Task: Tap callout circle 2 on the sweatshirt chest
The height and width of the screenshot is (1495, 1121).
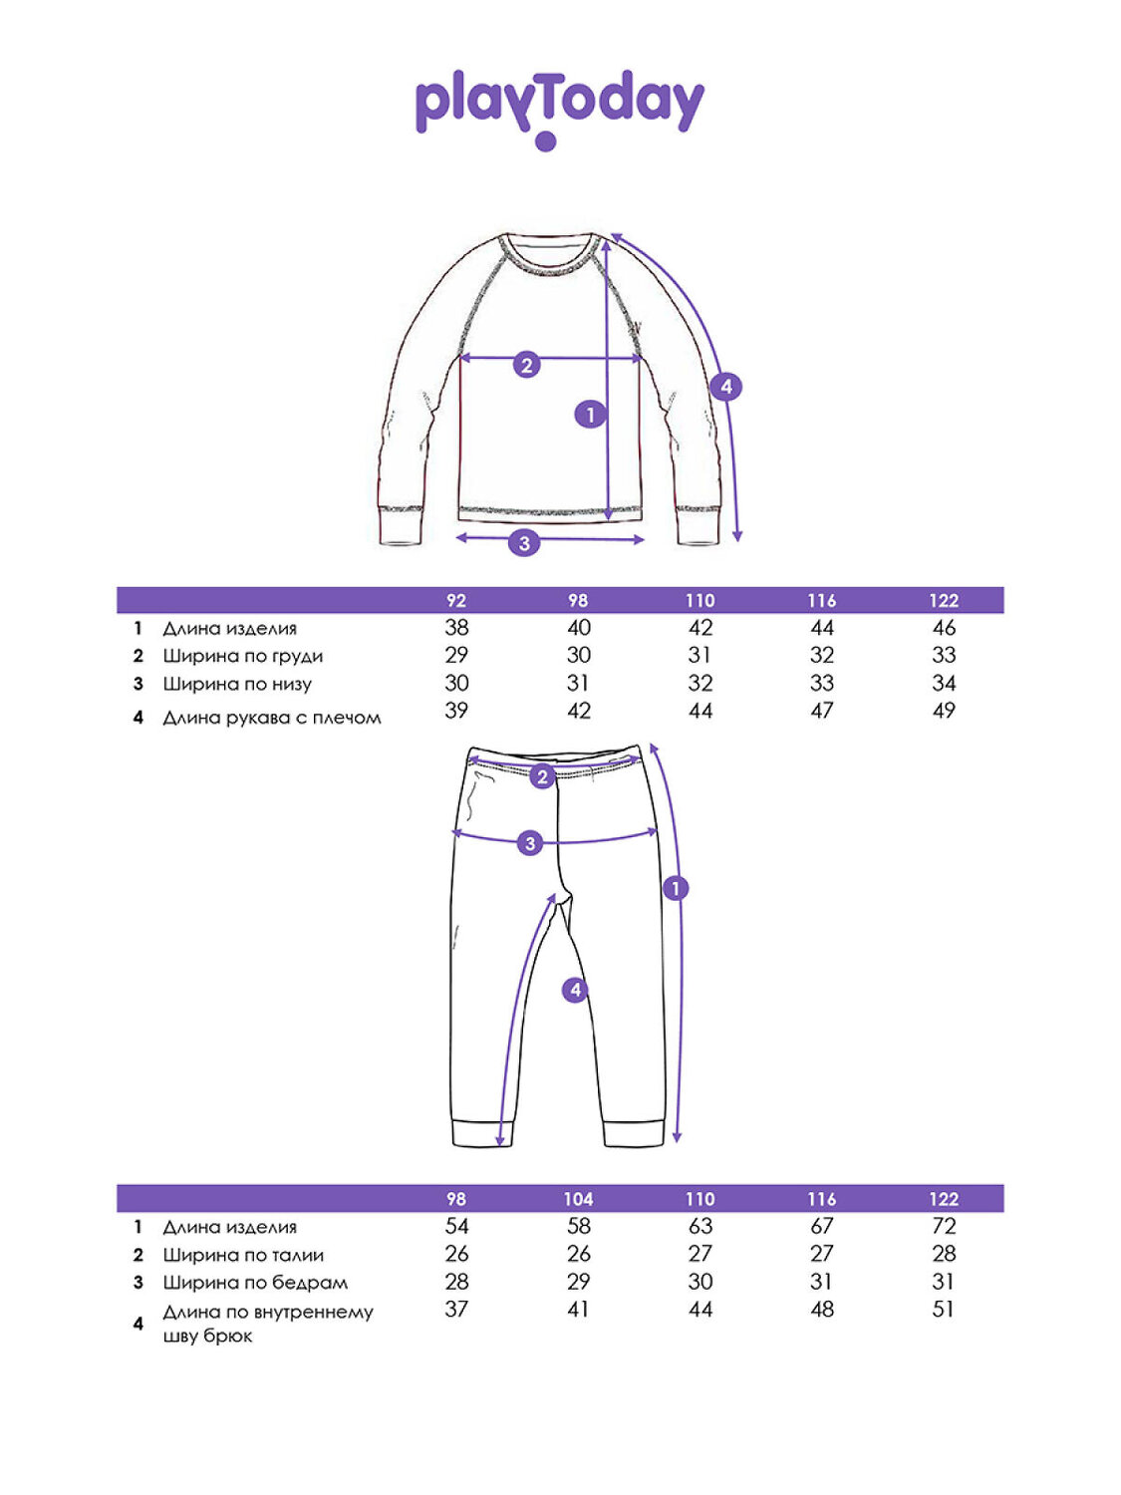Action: pyautogui.click(x=527, y=365)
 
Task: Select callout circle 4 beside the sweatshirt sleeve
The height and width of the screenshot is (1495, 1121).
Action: pyautogui.click(x=725, y=387)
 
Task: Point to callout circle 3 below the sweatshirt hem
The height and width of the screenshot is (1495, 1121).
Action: pyautogui.click(x=524, y=543)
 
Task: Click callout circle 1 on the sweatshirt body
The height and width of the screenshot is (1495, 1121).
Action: pyautogui.click(x=590, y=414)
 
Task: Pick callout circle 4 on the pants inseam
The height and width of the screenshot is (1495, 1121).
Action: pyautogui.click(x=575, y=990)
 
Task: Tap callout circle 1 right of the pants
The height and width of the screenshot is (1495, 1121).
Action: pyautogui.click(x=676, y=888)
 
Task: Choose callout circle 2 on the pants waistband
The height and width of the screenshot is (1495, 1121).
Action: pyautogui.click(x=542, y=776)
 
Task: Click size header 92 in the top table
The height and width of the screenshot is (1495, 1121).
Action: pyautogui.click(x=456, y=601)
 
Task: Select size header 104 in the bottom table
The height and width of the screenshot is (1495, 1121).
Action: pyautogui.click(x=578, y=1199)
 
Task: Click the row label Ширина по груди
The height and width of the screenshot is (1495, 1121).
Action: pyautogui.click(x=243, y=656)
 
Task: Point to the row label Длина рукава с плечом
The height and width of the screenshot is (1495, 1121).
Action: pyautogui.click(x=272, y=718)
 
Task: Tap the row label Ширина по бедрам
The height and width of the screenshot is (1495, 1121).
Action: pyautogui.click(x=255, y=1283)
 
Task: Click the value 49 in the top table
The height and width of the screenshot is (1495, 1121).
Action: pyautogui.click(x=944, y=711)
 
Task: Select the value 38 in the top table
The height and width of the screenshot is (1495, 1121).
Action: pyautogui.click(x=456, y=628)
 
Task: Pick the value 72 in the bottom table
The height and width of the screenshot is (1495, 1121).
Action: pyautogui.click(x=944, y=1226)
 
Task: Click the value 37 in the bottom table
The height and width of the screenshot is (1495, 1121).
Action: pyautogui.click(x=456, y=1310)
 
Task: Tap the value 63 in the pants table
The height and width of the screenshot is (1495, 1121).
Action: pyautogui.click(x=701, y=1226)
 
